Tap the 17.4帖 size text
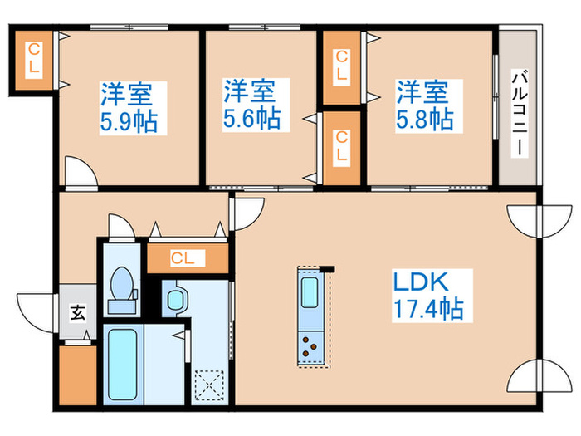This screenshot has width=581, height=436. click(427, 310)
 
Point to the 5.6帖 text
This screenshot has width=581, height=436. click(251, 119)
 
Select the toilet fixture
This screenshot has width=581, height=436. click(122, 287)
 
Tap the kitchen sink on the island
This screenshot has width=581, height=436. click(310, 295)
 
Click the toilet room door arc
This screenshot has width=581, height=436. click(119, 225)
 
